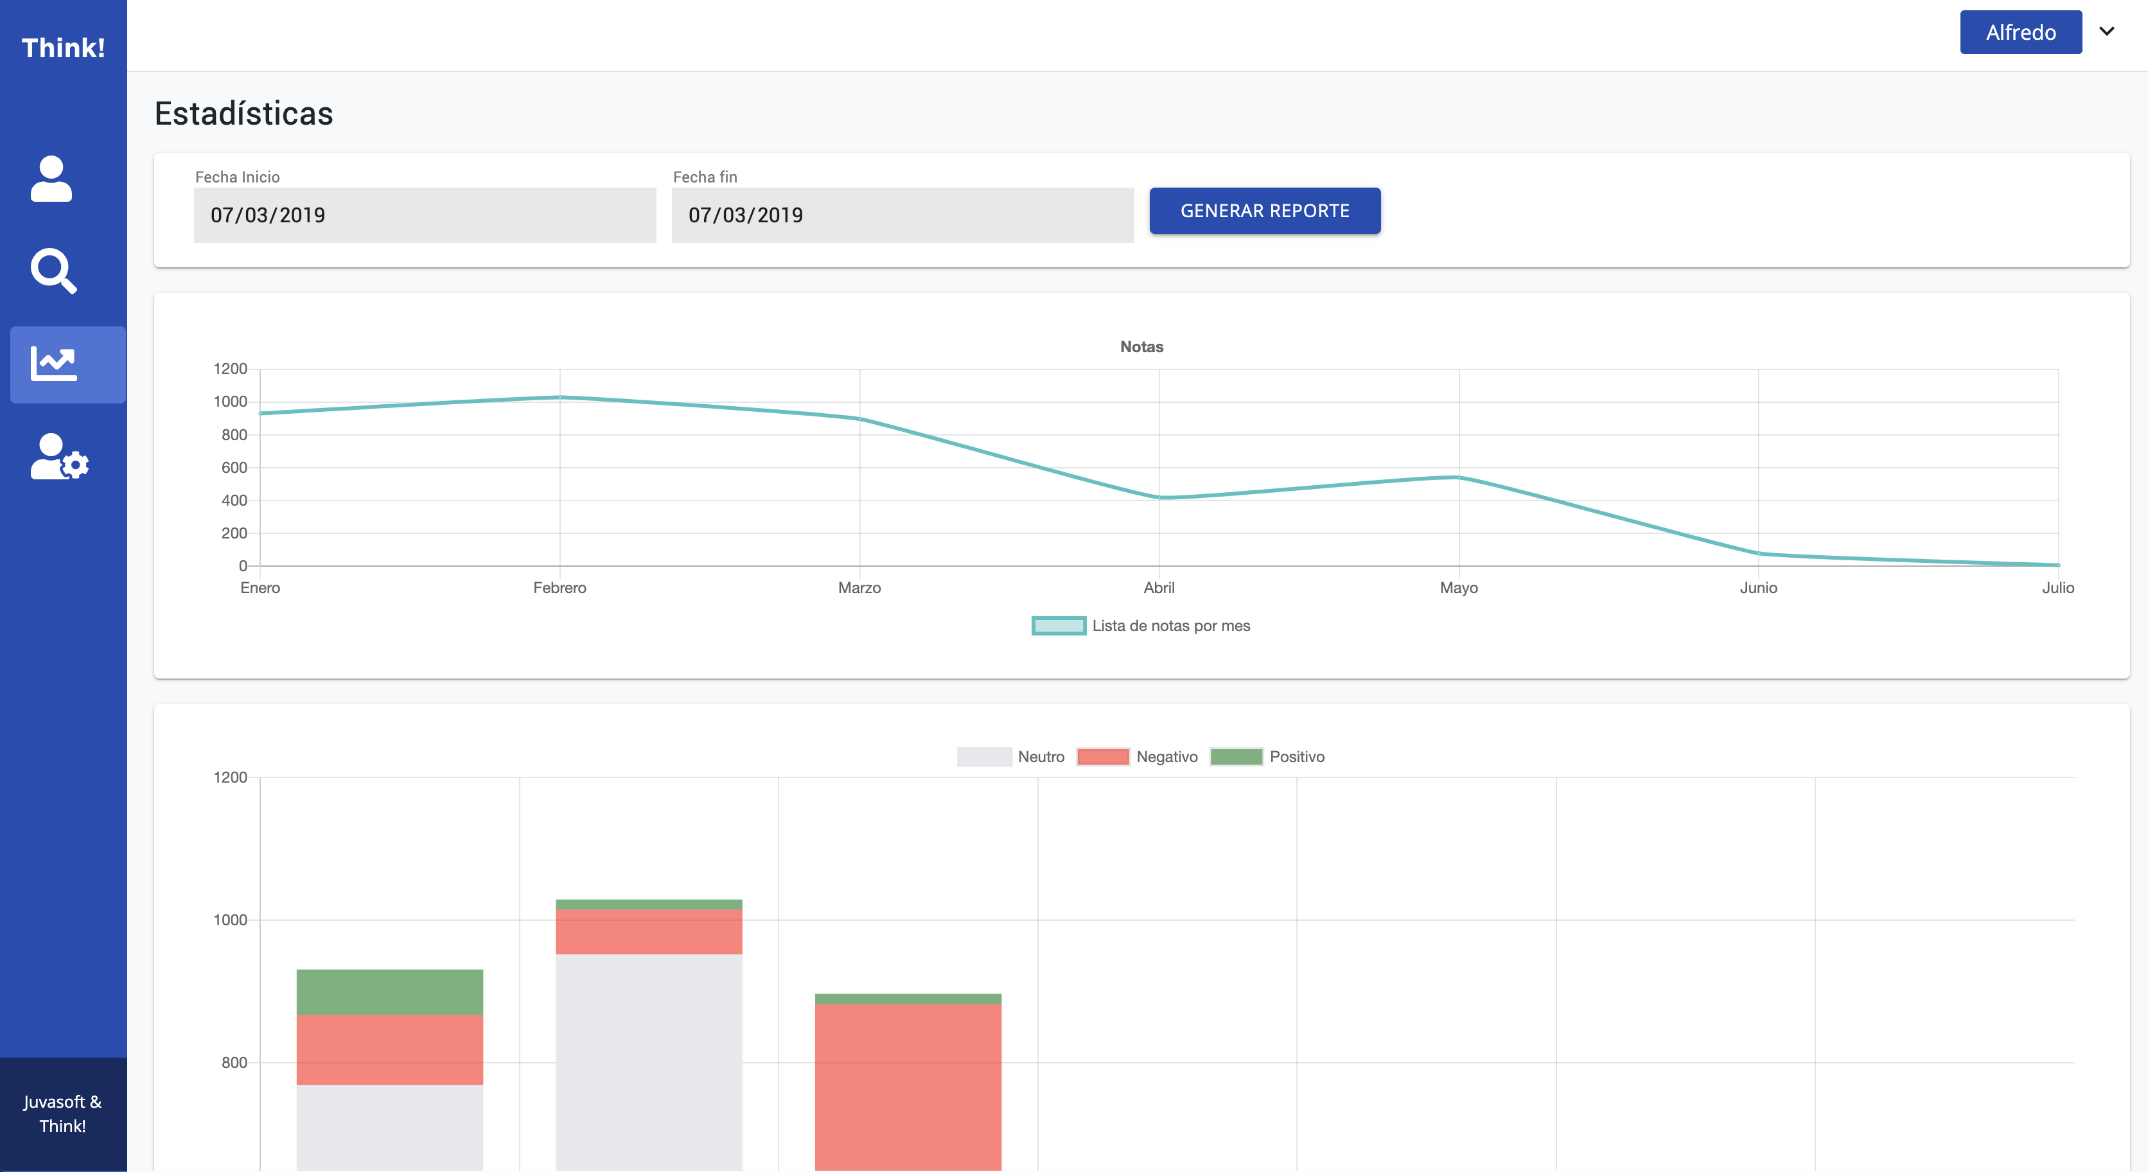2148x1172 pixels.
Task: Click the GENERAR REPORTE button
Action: pos(1264,211)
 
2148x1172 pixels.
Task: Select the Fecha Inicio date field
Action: pos(425,215)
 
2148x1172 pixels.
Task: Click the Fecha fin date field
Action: pos(902,215)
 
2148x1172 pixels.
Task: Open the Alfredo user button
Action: pos(2020,33)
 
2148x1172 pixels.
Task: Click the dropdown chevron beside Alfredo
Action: pos(2106,31)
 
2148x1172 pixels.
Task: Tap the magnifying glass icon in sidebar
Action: pos(53,271)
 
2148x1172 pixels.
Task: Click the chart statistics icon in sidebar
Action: pos(54,364)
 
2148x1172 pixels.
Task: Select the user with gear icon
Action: pos(58,456)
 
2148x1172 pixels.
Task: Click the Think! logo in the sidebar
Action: pos(64,48)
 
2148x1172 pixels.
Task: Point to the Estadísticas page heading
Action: pos(243,114)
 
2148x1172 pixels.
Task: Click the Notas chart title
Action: pos(1141,347)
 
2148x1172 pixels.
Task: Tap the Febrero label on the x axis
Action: pos(559,588)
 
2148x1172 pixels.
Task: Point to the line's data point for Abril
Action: pos(1159,498)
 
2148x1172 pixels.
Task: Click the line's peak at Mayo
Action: pos(1458,477)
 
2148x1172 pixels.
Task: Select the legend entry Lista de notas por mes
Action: pos(1141,626)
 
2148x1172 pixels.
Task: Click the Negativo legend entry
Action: pos(1138,756)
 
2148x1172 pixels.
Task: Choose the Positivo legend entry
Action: pos(1267,756)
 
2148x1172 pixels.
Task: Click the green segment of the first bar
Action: pos(389,992)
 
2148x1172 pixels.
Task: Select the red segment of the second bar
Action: pos(649,932)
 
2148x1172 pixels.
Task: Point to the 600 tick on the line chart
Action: pos(234,468)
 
